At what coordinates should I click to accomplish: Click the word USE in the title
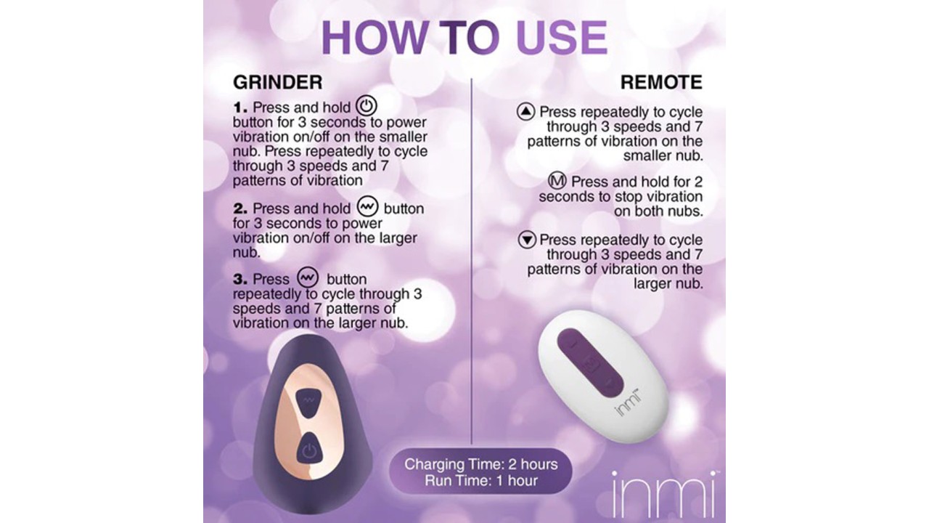(x=562, y=37)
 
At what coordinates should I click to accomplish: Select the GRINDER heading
(x=277, y=82)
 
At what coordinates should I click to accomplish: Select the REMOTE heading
(x=661, y=82)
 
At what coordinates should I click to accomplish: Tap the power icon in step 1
(x=367, y=106)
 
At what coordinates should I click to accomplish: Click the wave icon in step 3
(x=308, y=277)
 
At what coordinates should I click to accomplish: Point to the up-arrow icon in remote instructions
(x=525, y=112)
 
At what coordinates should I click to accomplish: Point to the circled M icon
(x=557, y=181)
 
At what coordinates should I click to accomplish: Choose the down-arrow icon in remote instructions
(x=527, y=240)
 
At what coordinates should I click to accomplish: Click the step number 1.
(x=240, y=108)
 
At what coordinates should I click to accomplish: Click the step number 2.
(x=240, y=208)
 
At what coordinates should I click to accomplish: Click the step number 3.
(x=240, y=280)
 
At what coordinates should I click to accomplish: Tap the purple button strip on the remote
(x=590, y=362)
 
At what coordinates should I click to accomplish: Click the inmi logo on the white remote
(x=626, y=402)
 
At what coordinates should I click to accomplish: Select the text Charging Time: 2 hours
(x=481, y=464)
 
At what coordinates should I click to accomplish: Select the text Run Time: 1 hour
(x=481, y=481)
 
